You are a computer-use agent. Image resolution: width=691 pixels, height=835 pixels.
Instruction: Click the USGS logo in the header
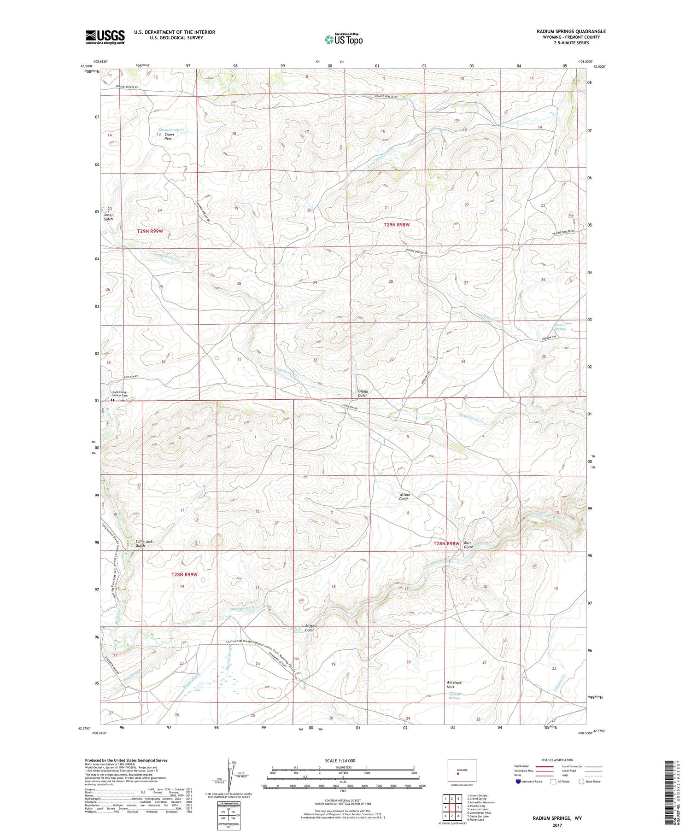pyautogui.click(x=105, y=37)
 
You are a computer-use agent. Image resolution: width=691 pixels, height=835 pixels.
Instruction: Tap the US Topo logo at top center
pyautogui.click(x=343, y=40)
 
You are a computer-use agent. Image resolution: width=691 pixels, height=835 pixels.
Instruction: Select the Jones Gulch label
pyautogui.click(x=108, y=217)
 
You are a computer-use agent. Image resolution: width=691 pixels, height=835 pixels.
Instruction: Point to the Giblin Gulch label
pyautogui.click(x=363, y=393)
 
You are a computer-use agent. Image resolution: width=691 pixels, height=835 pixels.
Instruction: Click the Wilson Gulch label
pyautogui.click(x=404, y=496)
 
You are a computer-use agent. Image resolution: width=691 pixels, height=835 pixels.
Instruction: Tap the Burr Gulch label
pyautogui.click(x=468, y=545)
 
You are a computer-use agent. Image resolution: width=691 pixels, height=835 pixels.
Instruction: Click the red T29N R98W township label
pyautogui.click(x=397, y=225)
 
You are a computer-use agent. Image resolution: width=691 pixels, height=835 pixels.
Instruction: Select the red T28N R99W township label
pyautogui.click(x=184, y=574)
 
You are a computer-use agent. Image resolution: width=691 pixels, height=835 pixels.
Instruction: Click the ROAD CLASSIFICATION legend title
pyautogui.click(x=557, y=760)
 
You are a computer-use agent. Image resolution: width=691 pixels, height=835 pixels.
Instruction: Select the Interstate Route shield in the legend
pyautogui.click(x=518, y=782)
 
